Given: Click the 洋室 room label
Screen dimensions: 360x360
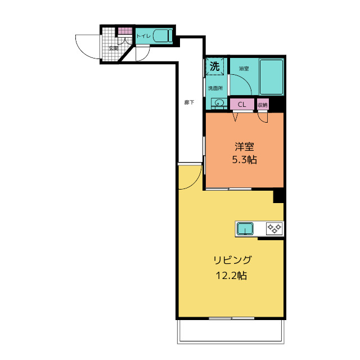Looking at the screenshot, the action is click(244, 147).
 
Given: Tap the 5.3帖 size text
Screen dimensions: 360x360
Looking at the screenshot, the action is click(244, 160).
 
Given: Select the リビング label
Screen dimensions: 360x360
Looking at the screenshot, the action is click(232, 260).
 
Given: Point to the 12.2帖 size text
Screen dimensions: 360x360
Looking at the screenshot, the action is click(231, 275).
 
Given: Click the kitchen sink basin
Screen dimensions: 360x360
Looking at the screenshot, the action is click(245, 229).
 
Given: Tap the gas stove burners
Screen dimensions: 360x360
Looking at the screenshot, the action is click(274, 228).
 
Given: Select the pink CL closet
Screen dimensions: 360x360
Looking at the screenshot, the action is click(242, 105).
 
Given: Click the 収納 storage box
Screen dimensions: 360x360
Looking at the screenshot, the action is click(263, 105).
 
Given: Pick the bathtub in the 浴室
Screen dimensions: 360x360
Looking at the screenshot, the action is click(271, 76).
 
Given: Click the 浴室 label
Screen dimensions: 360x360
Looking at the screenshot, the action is click(244, 69).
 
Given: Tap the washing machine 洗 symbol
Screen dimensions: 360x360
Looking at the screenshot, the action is click(215, 66).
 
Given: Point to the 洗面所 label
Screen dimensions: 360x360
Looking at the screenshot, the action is click(215, 88).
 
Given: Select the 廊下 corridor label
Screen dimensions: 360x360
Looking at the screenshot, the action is click(189, 102).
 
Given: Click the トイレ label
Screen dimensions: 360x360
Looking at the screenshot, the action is click(143, 36).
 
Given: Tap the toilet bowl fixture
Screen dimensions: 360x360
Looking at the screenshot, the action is click(163, 36).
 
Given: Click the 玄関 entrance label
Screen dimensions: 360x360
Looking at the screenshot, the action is click(114, 48).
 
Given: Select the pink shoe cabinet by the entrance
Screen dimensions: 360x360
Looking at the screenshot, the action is click(125, 31).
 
